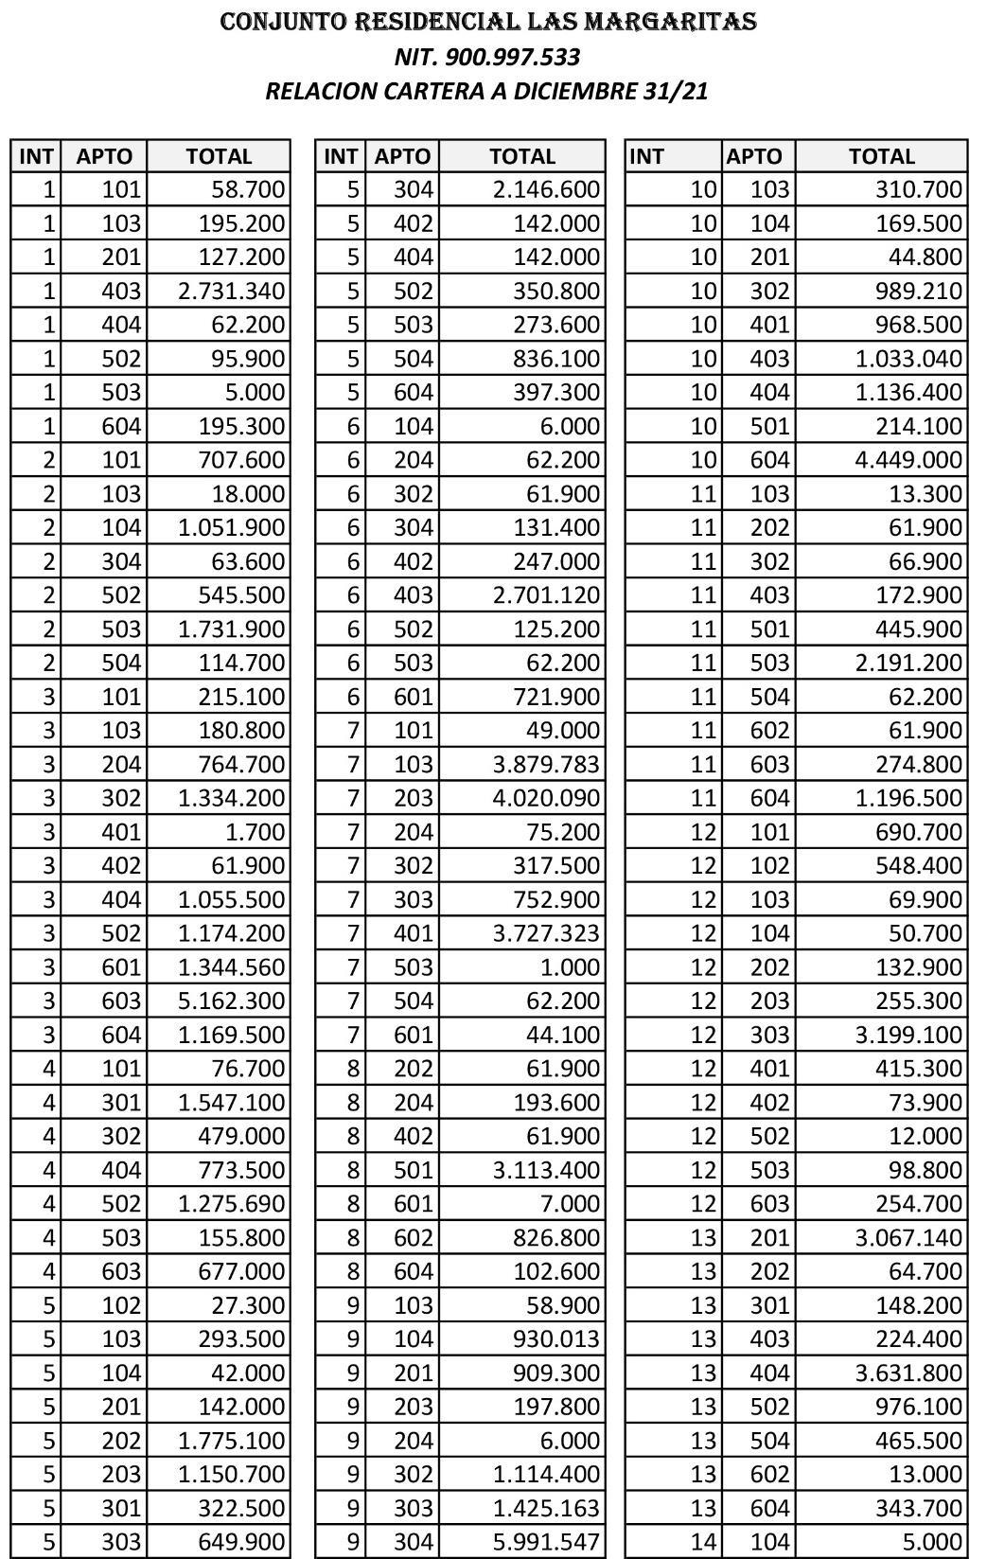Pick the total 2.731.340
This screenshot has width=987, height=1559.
[231, 291]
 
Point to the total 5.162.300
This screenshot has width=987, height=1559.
[231, 1001]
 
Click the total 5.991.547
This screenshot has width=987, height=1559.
[546, 1542]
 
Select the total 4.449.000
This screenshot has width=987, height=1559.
[908, 460]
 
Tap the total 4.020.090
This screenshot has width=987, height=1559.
[546, 798]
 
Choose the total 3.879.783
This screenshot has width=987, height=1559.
[546, 764]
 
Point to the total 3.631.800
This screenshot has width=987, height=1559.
[908, 1373]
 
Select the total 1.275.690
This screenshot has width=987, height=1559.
[231, 1204]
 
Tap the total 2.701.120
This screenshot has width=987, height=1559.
[546, 595]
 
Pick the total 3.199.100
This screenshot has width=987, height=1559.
[908, 1035]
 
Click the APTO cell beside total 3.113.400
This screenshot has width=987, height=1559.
[413, 1170]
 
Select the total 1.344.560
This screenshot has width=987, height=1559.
[231, 966]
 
